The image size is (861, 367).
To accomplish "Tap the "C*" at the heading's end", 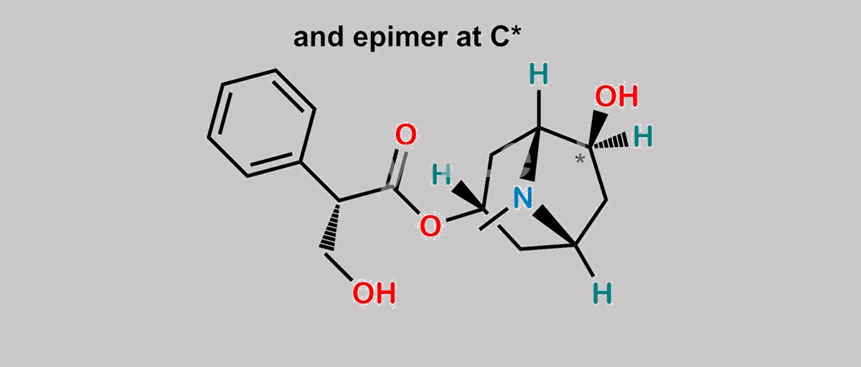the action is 505,37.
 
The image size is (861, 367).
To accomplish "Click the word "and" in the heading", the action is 319,37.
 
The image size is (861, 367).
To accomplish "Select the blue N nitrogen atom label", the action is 523,198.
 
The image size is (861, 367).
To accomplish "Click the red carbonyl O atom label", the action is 406,134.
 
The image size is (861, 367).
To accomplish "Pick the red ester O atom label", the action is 430,226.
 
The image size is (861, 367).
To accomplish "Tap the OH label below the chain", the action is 374,293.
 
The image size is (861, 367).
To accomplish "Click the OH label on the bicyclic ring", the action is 616,96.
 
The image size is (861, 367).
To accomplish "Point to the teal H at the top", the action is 539,74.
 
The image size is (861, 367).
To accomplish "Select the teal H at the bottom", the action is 602,293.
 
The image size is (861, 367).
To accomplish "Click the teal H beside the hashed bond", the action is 643,136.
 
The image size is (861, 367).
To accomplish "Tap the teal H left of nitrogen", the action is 441,174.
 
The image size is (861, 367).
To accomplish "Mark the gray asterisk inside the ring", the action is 580,159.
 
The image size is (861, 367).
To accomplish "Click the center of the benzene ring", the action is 262,123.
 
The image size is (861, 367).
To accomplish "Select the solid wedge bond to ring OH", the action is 598,128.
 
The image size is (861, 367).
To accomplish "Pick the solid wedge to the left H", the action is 468,196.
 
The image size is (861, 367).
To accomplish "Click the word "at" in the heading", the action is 468,38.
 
